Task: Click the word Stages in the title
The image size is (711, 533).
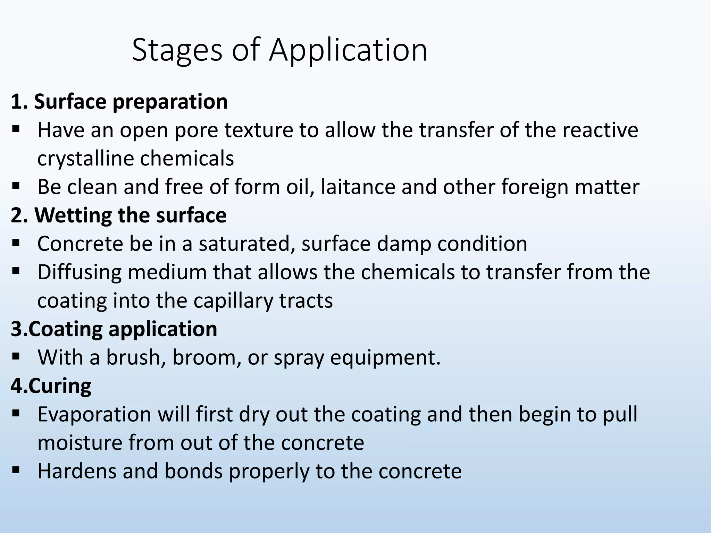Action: click(177, 51)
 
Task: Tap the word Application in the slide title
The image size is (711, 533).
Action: click(348, 51)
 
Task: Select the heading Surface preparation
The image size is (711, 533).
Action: click(131, 102)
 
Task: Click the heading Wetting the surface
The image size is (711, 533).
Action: click(131, 215)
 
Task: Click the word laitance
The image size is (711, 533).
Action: click(358, 187)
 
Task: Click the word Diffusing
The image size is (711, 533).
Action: click(80, 272)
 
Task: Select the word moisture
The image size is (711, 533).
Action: click(80, 443)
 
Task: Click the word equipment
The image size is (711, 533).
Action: click(385, 358)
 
